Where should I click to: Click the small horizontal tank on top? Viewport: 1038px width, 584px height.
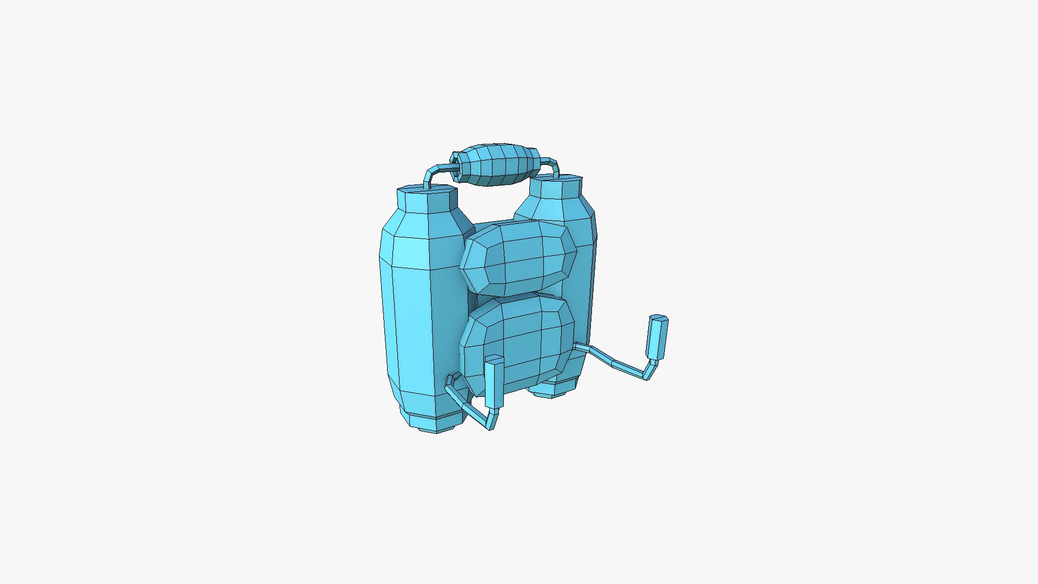[495, 165]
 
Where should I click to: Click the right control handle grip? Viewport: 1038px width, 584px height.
[657, 338]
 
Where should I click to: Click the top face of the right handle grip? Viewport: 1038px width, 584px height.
[658, 317]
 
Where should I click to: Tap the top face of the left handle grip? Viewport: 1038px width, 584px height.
[494, 359]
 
